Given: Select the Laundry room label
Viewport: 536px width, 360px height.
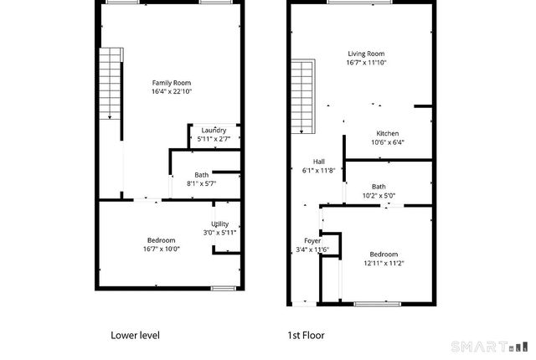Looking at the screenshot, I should coord(214,131).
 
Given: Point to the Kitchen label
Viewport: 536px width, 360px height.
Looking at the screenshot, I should coord(387,134).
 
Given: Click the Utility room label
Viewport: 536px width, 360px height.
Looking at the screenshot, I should coord(220,224).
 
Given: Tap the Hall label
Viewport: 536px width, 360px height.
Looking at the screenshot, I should coord(318,162).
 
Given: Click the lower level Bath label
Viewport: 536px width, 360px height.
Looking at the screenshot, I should coord(202,174).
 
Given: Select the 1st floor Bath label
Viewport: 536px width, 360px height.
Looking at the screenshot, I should coord(379,187).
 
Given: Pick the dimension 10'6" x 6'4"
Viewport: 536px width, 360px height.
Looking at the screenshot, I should coord(387,142).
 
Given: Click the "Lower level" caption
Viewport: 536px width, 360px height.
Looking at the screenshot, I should coord(135,335).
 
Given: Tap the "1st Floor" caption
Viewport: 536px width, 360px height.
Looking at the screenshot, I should coord(306,335).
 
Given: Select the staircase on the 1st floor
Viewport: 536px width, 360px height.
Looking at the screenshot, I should coord(302,96).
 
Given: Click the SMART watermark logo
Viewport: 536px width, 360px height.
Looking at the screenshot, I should coord(490,346).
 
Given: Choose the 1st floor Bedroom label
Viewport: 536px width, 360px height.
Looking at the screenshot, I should coord(381,254).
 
